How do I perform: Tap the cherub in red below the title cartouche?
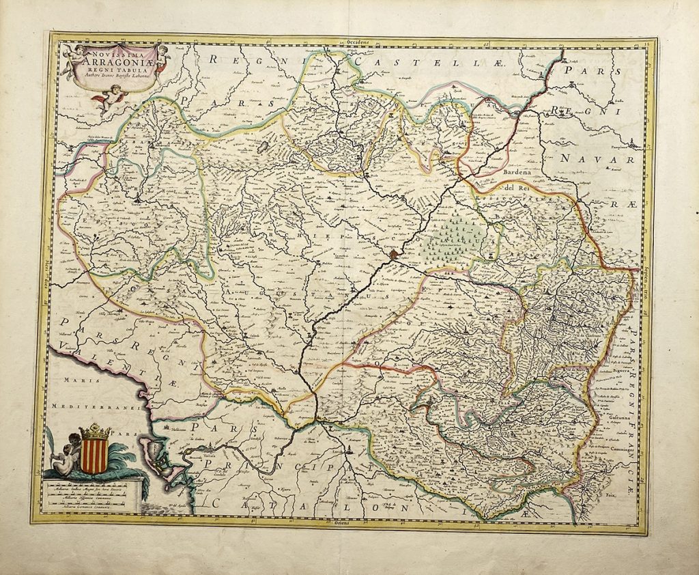[110, 98]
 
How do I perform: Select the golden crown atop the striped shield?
[95, 432]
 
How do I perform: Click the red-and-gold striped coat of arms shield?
[94, 455]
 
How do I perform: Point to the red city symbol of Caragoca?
[395, 255]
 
